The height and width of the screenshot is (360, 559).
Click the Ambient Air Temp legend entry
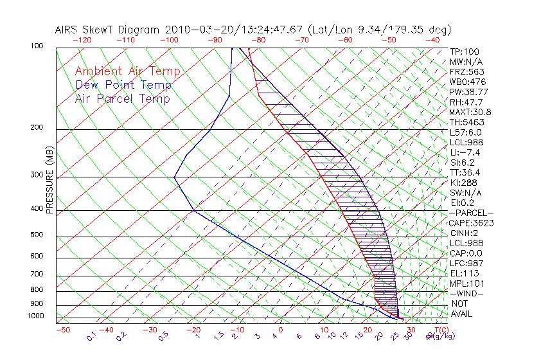[127, 71]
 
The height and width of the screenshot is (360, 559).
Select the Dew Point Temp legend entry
[123, 85]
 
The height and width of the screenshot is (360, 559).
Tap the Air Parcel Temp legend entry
[122, 98]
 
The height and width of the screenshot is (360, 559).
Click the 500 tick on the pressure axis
[37, 235]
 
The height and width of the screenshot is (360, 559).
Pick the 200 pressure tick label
[37, 127]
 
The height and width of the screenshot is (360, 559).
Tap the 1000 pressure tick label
[35, 316]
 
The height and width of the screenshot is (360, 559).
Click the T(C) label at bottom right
[438, 330]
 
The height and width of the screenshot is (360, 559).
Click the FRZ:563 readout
[467, 72]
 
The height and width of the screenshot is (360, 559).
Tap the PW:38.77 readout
[469, 92]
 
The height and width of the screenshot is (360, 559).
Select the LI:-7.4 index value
[466, 152]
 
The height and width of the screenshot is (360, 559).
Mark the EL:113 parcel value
[465, 273]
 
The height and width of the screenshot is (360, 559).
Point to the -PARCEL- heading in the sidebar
[471, 213]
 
